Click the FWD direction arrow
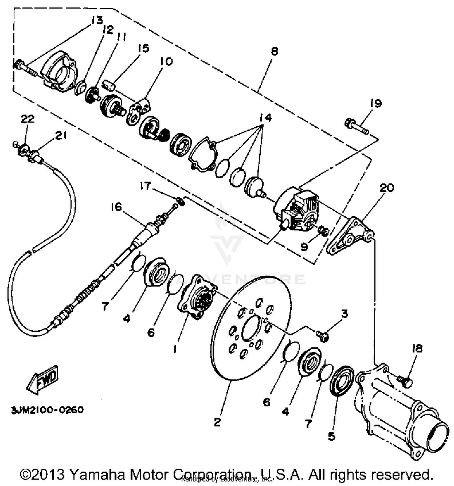(x=42, y=380)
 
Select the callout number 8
(x=274, y=51)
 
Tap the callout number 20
(x=387, y=188)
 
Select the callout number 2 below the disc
(x=217, y=422)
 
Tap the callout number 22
(x=28, y=119)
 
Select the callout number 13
(x=97, y=20)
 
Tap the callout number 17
(x=145, y=186)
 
